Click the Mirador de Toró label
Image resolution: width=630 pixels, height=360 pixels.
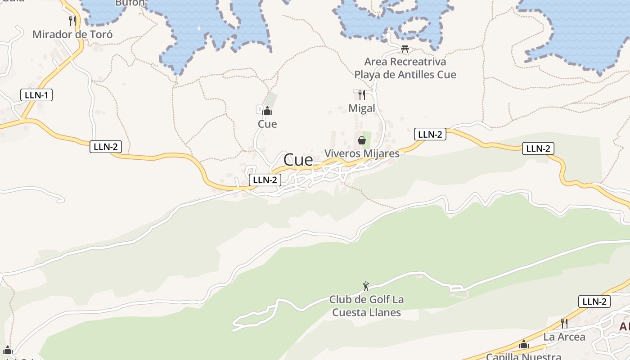[x=72, y=35]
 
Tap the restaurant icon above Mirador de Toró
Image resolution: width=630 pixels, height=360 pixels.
[x=72, y=21]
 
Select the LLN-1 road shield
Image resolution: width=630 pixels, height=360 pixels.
[x=36, y=95]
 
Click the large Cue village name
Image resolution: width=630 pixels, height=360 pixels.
[x=298, y=160]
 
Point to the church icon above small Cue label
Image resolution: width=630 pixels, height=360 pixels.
[x=268, y=110]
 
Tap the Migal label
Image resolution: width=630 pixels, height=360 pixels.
[x=362, y=108]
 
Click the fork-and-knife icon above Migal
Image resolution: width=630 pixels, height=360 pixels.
[x=361, y=95]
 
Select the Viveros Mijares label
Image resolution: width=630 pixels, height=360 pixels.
[x=362, y=153]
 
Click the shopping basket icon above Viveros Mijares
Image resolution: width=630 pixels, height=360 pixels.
[x=362, y=140]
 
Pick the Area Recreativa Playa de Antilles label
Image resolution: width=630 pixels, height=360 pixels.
[x=405, y=68]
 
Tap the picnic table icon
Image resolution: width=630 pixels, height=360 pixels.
[x=405, y=49]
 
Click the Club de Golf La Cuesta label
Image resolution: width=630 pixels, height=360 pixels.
[x=366, y=306]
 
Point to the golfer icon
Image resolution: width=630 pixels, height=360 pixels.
[x=366, y=286]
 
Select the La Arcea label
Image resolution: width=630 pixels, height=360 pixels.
[x=564, y=337]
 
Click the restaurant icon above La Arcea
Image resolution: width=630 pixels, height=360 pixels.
[x=564, y=323]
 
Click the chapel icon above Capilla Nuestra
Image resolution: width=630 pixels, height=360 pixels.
[x=523, y=345]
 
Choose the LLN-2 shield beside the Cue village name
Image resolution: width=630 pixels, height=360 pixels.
[x=265, y=180]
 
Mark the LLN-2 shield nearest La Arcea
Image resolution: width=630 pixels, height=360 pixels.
[x=594, y=301]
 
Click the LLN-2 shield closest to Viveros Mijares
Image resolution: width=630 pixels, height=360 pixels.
[x=430, y=134]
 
